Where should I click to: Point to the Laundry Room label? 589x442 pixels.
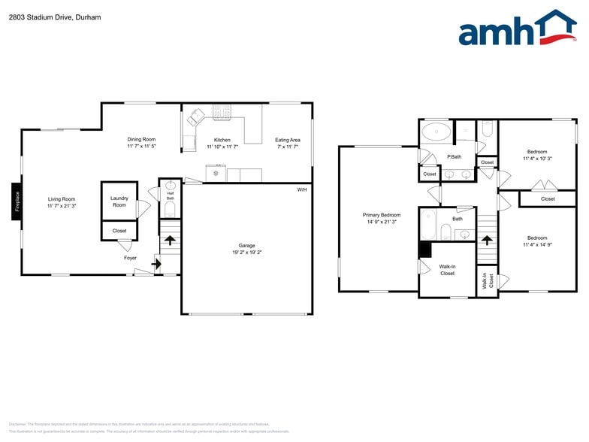click(119, 201)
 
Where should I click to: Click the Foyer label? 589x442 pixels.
click(130, 258)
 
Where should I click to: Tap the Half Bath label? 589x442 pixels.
click(170, 195)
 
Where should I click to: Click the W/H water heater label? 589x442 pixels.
click(302, 189)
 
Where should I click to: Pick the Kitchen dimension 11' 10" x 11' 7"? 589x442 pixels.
click(222, 147)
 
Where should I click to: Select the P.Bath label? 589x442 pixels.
click(454, 156)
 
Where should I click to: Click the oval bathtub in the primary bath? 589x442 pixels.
click(436, 133)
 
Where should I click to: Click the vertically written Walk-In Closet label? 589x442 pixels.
click(485, 281)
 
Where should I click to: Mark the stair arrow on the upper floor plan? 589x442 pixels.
click(487, 241)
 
